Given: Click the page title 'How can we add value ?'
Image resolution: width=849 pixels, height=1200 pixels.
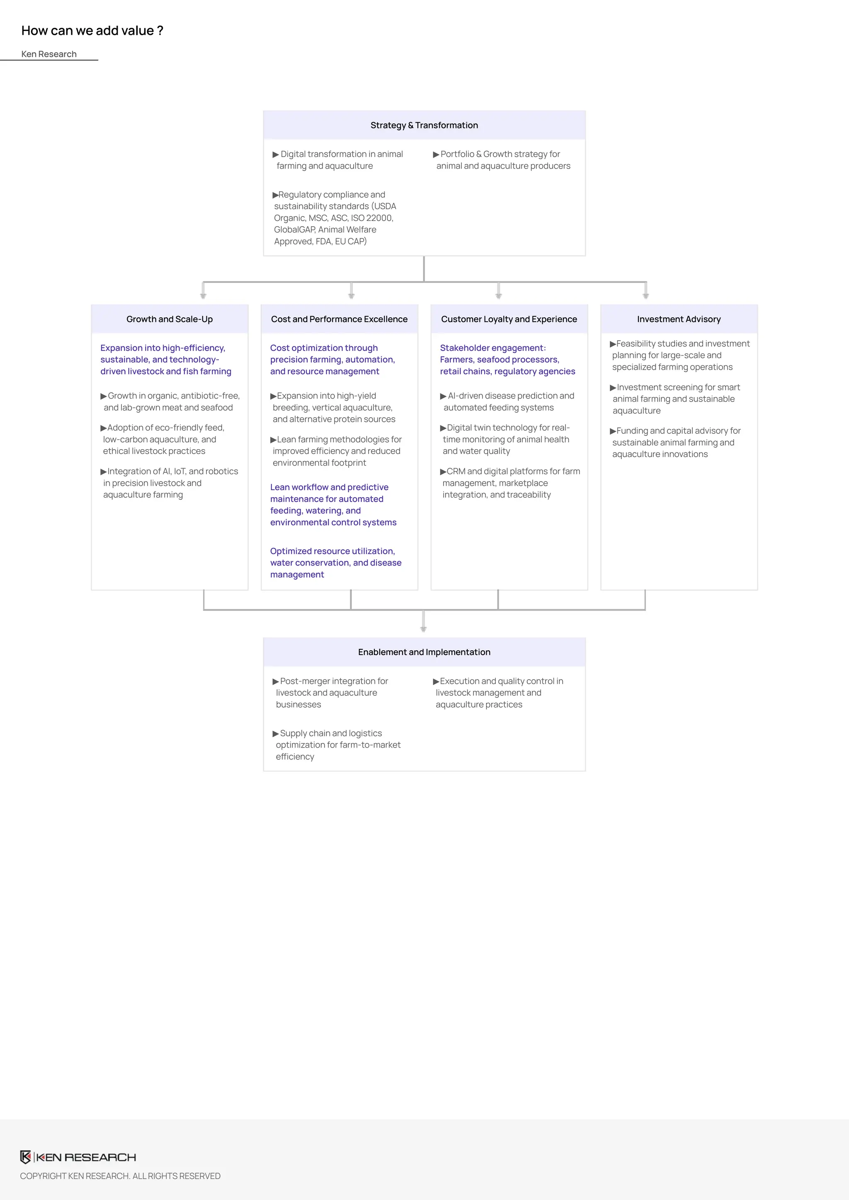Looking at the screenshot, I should tap(92, 31).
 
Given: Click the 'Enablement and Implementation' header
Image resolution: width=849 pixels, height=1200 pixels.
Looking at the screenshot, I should tap(424, 652).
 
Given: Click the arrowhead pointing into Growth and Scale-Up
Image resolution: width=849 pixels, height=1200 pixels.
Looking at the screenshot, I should tap(204, 296).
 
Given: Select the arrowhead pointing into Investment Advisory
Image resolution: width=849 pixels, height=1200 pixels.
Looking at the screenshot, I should tap(645, 296).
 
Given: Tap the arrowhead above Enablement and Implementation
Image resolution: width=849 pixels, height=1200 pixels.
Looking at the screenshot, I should tap(423, 629).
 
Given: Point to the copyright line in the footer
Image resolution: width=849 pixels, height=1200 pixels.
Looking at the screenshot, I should tap(120, 1176).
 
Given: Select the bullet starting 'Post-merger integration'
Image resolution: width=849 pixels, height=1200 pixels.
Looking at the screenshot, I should tap(332, 692).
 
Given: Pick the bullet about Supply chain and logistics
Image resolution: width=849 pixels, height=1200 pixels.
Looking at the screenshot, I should tap(337, 745).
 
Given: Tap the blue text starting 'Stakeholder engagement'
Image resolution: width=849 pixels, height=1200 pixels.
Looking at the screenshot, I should tap(507, 360).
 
